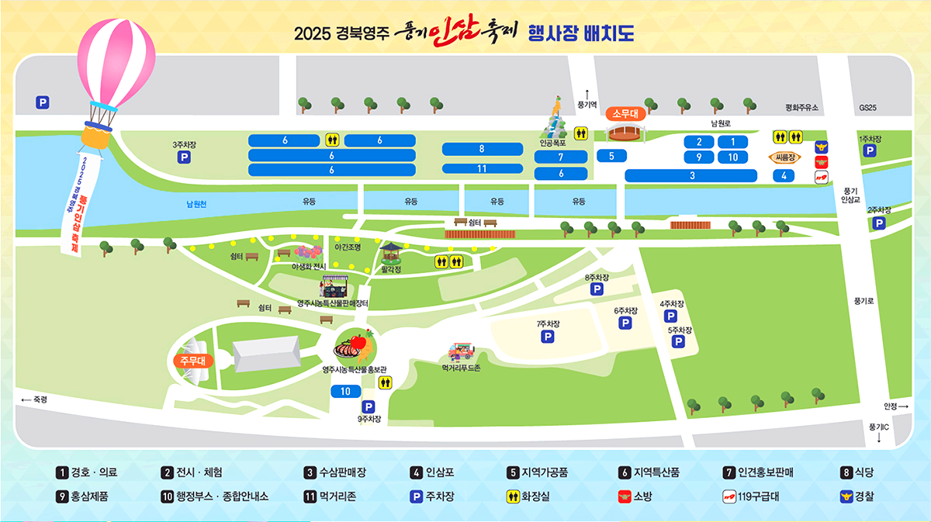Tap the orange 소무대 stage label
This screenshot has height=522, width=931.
coord(625,113)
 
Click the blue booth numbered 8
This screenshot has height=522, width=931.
coord(482,149)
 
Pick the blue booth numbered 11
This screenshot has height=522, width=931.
coord(482,168)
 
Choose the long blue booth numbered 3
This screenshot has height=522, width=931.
coord(691,176)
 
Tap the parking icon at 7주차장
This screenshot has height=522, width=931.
coord(548,337)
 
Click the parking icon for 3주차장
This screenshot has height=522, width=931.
coord(185,157)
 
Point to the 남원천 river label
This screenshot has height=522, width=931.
coord(196,204)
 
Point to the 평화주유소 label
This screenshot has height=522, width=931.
coord(801,108)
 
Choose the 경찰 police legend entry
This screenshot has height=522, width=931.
coord(856,496)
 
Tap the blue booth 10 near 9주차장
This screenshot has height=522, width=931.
coord(345,392)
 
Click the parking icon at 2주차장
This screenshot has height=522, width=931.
coord(879,223)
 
